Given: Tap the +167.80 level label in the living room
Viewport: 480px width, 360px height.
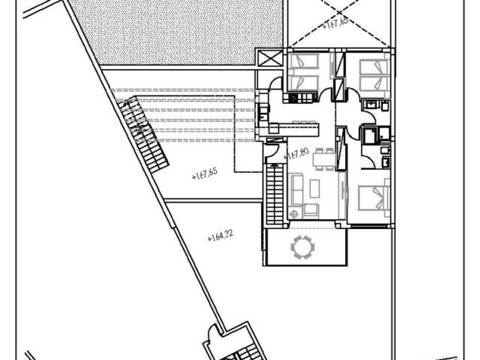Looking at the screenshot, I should pyautogui.click(x=295, y=153).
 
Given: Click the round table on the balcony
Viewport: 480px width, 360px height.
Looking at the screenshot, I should pyautogui.click(x=302, y=246).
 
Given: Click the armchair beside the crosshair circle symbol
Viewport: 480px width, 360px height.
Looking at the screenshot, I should pyautogui.click(x=312, y=209).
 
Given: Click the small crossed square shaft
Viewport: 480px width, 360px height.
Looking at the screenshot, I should pyautogui.click(x=269, y=59).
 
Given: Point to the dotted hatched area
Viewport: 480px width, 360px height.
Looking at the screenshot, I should pyautogui.click(x=177, y=31).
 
